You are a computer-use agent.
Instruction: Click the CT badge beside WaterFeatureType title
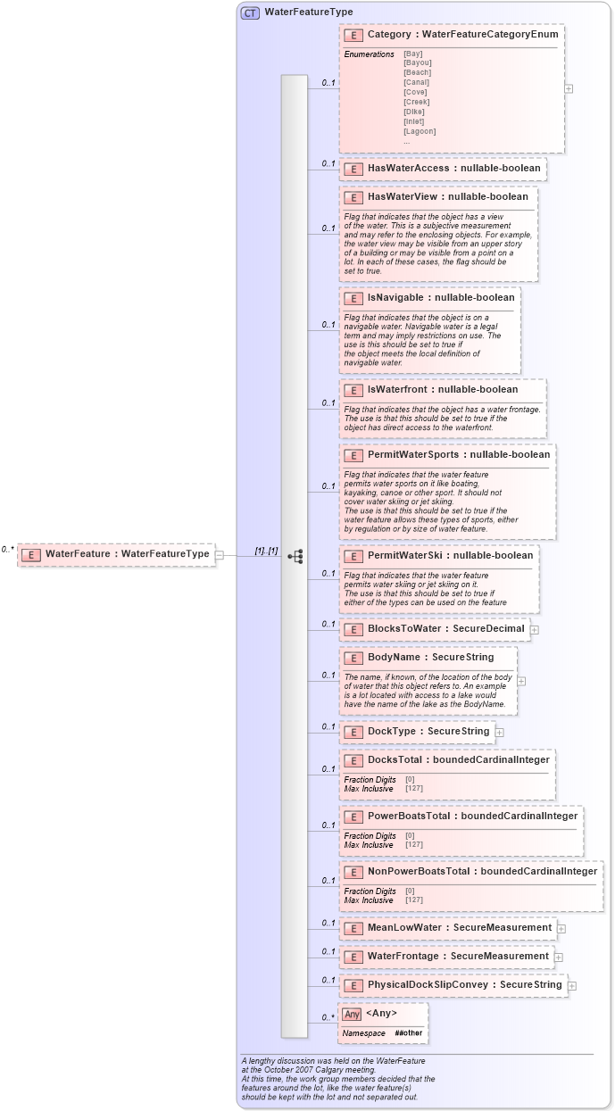[x=251, y=12]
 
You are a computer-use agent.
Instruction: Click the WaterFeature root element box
[x=117, y=554]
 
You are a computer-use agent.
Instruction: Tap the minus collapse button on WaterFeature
[x=220, y=555]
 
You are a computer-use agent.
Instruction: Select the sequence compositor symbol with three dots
[x=295, y=556]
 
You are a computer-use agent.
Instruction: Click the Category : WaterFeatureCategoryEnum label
[x=462, y=35]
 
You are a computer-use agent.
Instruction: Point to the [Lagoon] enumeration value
[x=420, y=131]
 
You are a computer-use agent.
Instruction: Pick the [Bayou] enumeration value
[x=417, y=63]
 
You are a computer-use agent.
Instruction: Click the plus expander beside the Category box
[x=569, y=88]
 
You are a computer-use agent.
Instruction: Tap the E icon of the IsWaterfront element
[x=353, y=390]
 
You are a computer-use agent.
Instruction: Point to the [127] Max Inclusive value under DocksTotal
[x=414, y=789]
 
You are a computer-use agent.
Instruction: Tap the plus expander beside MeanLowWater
[x=561, y=928]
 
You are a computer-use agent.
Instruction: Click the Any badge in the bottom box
[x=352, y=1015]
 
